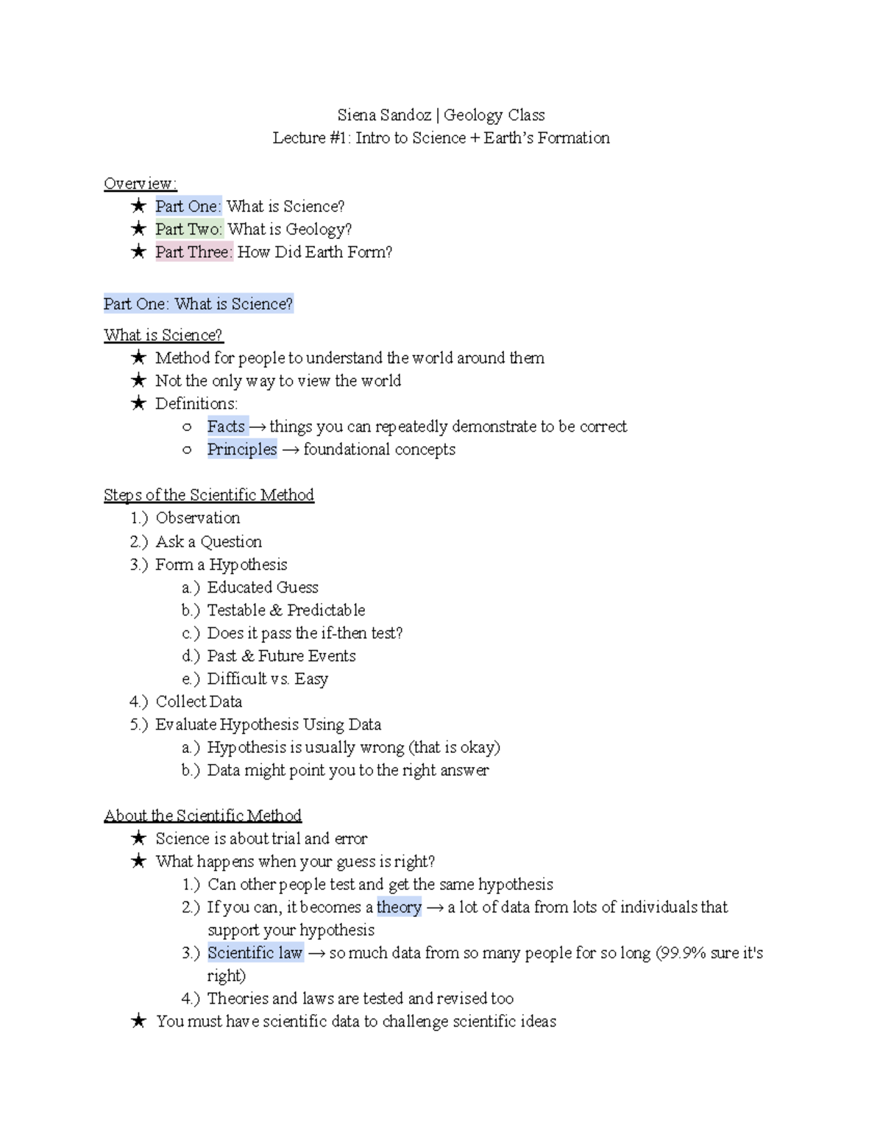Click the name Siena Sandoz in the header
point(384,115)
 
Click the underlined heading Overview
point(140,184)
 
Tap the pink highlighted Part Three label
point(194,252)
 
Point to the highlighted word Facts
point(226,427)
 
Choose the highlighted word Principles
point(242,449)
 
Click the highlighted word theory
point(399,907)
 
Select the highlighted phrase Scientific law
point(255,953)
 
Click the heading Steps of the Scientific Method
point(209,495)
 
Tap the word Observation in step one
point(198,518)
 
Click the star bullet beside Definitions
point(138,404)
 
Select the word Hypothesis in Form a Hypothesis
point(248,565)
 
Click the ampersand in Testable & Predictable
point(276,610)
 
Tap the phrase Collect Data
point(199,702)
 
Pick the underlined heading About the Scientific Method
point(202,816)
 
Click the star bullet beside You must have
point(138,1021)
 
